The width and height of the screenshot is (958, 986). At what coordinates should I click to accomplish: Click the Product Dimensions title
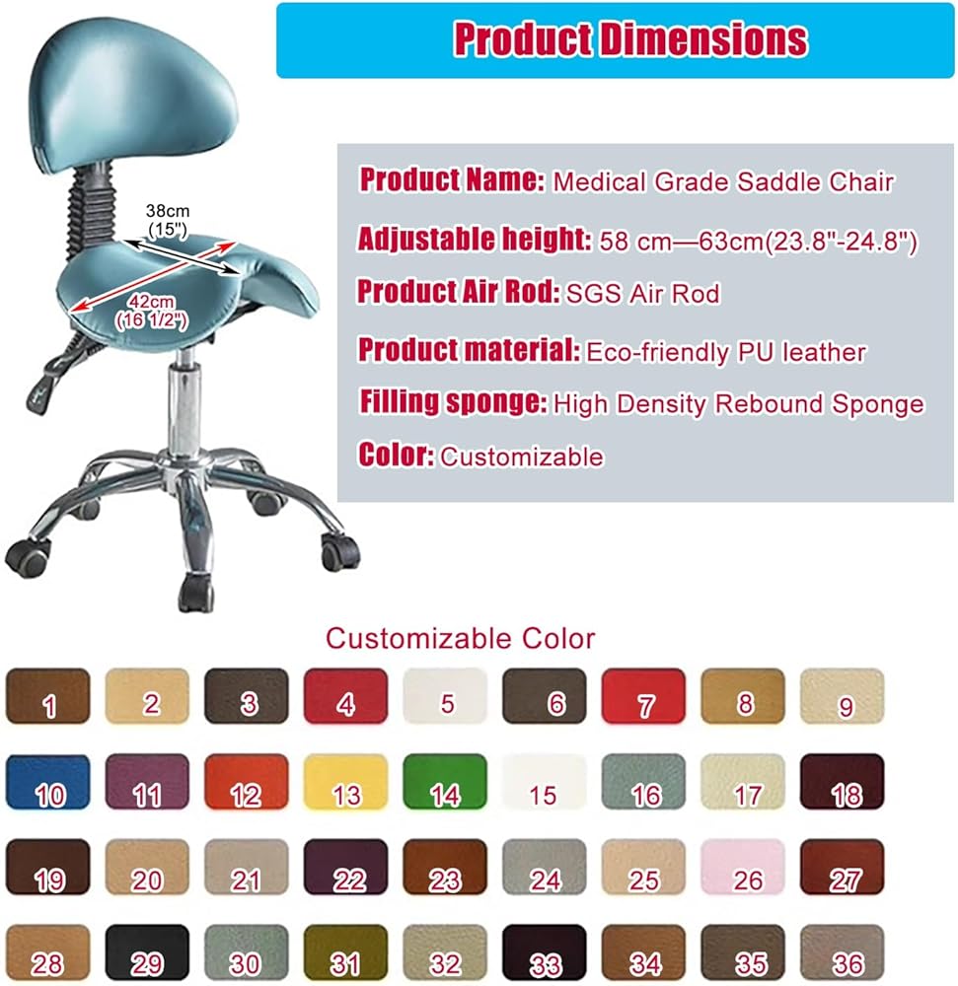click(x=630, y=39)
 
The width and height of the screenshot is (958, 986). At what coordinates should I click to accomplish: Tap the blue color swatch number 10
click(x=47, y=782)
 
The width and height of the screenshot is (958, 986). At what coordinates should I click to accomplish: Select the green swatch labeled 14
click(x=445, y=782)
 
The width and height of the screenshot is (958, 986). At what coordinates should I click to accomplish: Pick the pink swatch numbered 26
click(x=742, y=867)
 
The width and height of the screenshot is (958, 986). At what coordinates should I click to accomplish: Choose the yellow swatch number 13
click(x=345, y=782)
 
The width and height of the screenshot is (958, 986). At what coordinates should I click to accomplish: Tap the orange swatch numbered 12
click(x=247, y=782)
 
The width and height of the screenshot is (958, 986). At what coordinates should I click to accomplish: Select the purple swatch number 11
click(x=147, y=782)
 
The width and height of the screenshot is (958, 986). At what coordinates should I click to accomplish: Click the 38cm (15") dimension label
click(x=168, y=220)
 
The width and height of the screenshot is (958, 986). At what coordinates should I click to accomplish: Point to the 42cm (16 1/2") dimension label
click(x=151, y=312)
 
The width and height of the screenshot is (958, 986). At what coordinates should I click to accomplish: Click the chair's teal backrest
click(x=132, y=95)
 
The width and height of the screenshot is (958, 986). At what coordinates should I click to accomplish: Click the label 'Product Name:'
click(x=452, y=179)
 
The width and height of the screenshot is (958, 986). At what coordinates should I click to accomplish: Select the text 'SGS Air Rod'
click(x=643, y=294)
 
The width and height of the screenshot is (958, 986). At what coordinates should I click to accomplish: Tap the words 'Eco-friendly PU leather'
click(x=726, y=353)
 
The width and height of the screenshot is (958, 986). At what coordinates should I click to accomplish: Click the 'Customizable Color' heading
click(x=460, y=639)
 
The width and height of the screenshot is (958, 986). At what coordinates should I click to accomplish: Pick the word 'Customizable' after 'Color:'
click(x=522, y=458)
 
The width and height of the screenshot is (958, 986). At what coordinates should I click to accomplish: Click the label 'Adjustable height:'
click(x=475, y=239)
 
